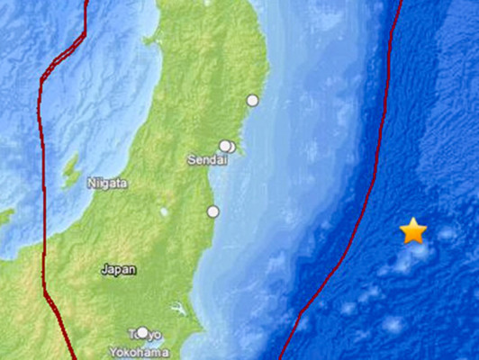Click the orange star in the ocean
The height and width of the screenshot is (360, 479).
pyautogui.click(x=413, y=231)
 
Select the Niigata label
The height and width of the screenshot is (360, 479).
pyautogui.click(x=107, y=183)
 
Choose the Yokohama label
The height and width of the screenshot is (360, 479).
pyautogui.click(x=132, y=352)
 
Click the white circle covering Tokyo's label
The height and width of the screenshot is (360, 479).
pyautogui.click(x=141, y=332)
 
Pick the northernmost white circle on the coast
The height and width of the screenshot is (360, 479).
pyautogui.click(x=253, y=100)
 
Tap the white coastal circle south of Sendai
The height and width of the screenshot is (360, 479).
pyautogui.click(x=213, y=211)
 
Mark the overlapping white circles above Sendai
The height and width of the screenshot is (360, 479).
pyautogui.click(x=227, y=146)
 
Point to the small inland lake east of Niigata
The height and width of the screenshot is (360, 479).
pyautogui.click(x=164, y=212)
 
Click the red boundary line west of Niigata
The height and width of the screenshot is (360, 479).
pyautogui.click(x=41, y=180)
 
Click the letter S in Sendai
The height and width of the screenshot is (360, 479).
pyautogui.click(x=189, y=160)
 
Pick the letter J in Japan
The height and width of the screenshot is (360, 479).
pyautogui.click(x=104, y=268)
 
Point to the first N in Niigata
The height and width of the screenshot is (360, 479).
pyautogui.click(x=91, y=183)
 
